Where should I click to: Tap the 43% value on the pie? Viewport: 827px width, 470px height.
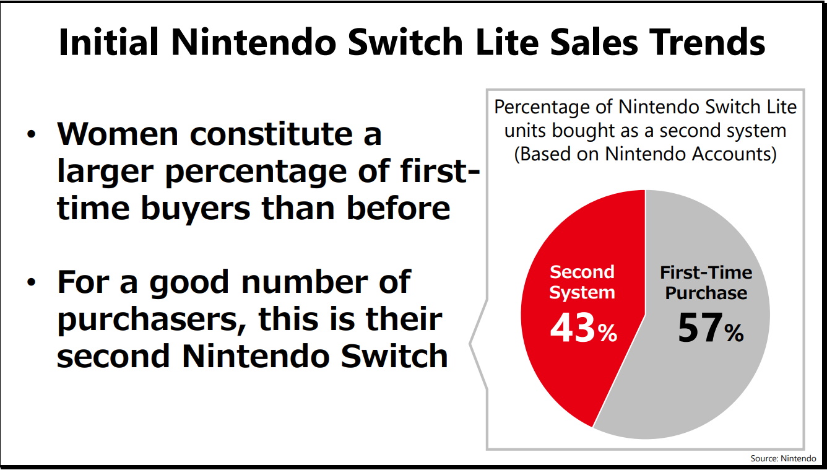(x=582, y=329)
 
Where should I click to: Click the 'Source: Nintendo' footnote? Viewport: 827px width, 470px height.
(x=783, y=458)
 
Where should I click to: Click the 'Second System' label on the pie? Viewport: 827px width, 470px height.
(x=582, y=282)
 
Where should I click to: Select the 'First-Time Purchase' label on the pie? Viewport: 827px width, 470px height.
(x=706, y=282)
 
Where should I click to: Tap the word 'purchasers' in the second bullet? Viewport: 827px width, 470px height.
(x=152, y=320)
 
